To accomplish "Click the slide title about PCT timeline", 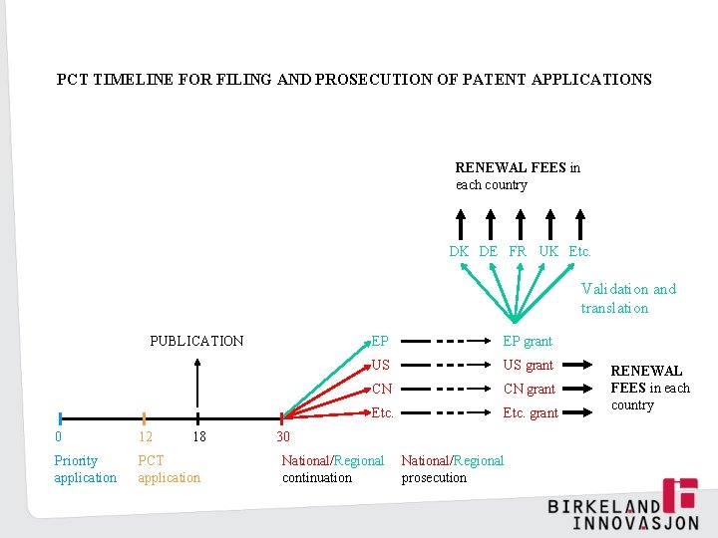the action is click(354, 79).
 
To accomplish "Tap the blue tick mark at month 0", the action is click(61, 418).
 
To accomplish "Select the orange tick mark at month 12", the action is click(145, 418).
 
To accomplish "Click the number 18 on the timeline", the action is click(198, 436).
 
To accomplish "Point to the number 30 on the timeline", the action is click(283, 436).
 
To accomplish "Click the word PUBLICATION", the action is click(196, 341).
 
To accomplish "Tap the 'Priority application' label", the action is click(85, 468).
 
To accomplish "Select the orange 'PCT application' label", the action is click(169, 468).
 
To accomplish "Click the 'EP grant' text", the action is click(528, 341).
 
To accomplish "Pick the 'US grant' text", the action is click(528, 365).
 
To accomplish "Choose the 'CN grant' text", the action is click(529, 389).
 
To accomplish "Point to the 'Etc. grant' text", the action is click(531, 412).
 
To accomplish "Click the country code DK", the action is click(459, 251).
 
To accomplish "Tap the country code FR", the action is click(518, 251).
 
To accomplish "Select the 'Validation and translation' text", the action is click(628, 298).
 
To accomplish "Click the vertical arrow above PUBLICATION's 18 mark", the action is click(198, 384).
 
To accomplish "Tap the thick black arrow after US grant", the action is click(582, 365).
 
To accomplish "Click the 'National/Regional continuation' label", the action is click(332, 468).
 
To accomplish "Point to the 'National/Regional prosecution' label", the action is click(452, 468).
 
